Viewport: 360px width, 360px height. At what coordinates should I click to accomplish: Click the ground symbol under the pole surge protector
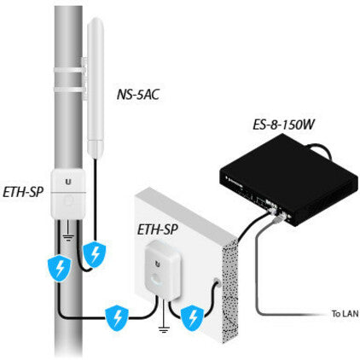[x=67, y=232]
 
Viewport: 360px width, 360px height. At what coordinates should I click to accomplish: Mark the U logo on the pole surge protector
[x=67, y=181]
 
